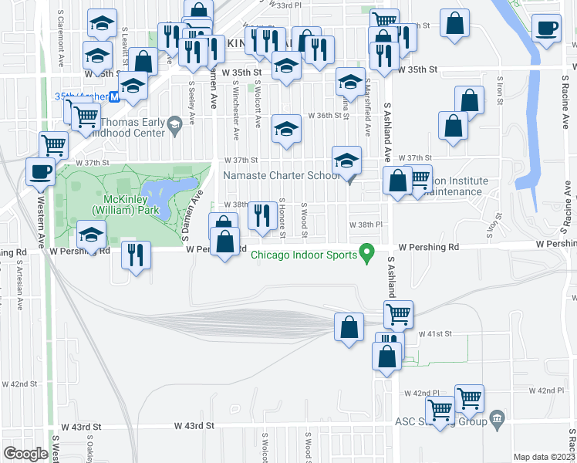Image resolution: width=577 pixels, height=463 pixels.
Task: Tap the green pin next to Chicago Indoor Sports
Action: [x=368, y=252]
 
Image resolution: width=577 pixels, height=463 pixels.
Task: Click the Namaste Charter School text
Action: [x=281, y=175]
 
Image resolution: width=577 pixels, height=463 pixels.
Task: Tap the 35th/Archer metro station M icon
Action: [x=113, y=96]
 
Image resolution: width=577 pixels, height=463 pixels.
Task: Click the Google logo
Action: [x=25, y=454]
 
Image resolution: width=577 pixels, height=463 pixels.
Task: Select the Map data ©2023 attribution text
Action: [x=545, y=457]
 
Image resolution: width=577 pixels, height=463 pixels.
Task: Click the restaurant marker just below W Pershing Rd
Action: [x=137, y=255]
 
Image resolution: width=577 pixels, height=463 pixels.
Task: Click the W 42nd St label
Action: [x=19, y=384]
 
